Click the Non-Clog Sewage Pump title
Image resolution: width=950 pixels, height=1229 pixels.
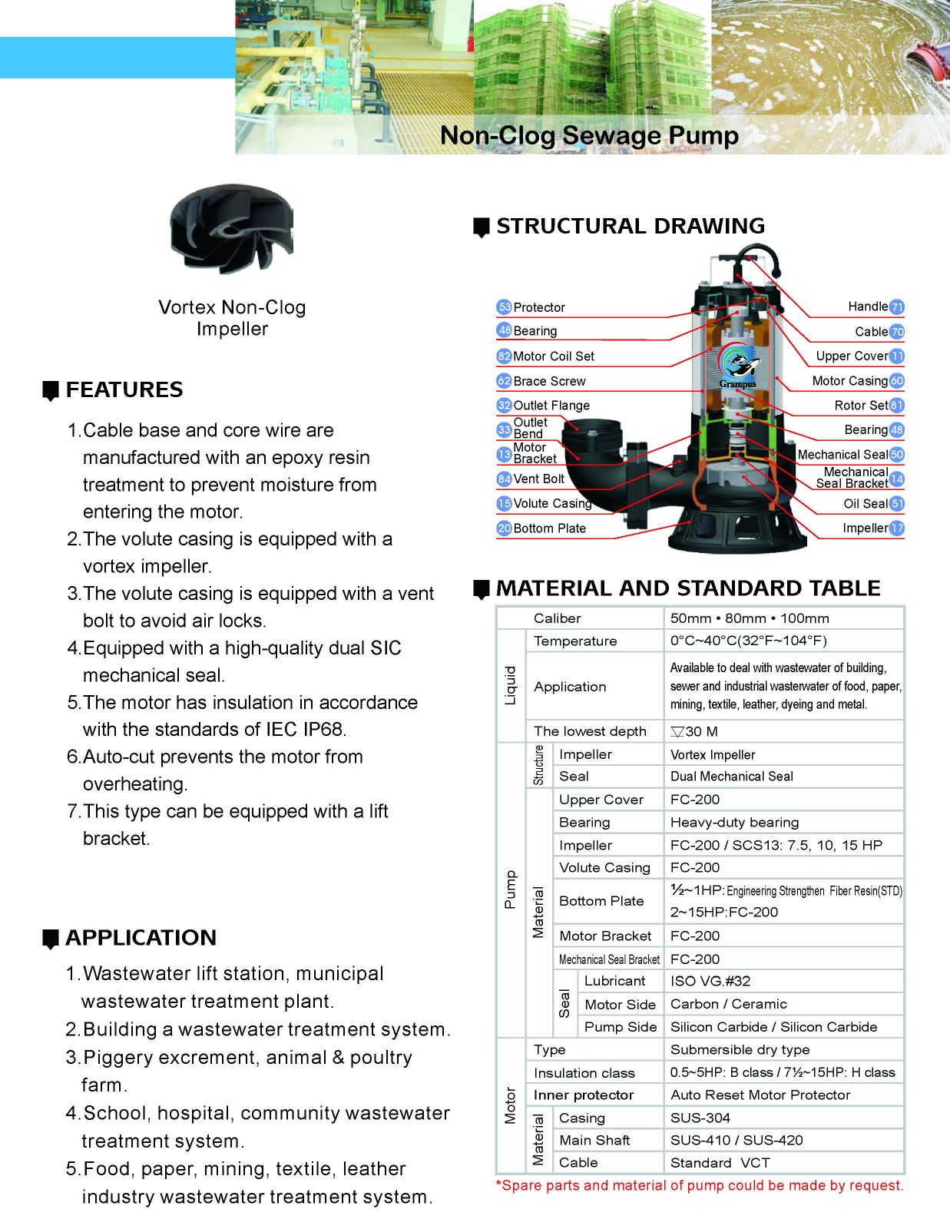tap(589, 135)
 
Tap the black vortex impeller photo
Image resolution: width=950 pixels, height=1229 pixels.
tap(231, 229)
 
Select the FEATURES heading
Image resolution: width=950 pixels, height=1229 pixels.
tap(124, 389)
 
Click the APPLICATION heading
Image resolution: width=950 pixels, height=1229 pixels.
tap(141, 937)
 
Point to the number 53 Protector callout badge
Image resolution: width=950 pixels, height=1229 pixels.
tap(504, 307)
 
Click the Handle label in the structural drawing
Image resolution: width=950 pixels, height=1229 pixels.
tap(868, 306)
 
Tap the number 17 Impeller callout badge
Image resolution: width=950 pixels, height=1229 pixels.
tap(897, 528)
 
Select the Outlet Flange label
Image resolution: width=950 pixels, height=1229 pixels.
tap(551, 406)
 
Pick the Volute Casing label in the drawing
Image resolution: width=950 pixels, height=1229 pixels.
tap(552, 504)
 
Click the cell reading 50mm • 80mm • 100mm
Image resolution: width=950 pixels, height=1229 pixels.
tap(750, 618)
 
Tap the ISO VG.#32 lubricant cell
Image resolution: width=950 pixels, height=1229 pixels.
tap(710, 981)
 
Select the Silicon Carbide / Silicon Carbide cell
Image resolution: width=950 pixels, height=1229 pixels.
tap(773, 1027)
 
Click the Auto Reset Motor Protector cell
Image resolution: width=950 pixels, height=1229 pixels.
tap(760, 1095)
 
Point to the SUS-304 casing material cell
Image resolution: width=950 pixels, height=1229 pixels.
tap(700, 1118)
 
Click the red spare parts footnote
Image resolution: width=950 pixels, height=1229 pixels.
tap(700, 1185)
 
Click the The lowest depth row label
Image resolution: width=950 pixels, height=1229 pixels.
tap(590, 731)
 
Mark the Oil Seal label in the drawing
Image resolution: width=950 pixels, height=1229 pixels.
tap(866, 504)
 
